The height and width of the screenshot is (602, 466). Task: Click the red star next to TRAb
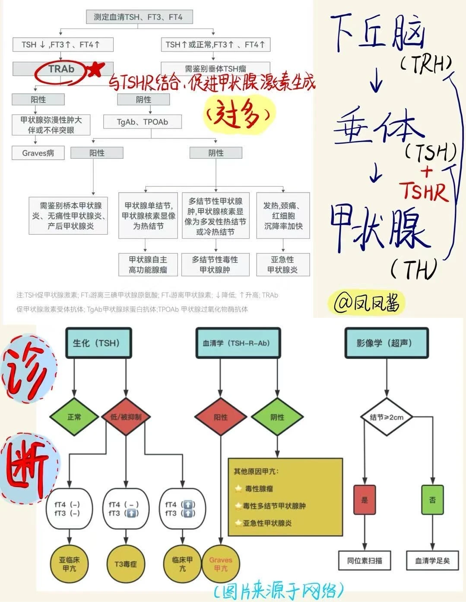96,69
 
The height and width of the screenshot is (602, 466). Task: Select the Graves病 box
38,153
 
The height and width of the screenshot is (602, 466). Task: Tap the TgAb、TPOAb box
143,122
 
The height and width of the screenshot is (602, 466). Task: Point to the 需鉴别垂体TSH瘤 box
216,69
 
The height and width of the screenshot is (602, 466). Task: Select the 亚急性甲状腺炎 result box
282,265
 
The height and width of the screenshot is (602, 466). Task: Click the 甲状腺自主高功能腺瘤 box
148,265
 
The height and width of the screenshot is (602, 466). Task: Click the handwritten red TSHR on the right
424,191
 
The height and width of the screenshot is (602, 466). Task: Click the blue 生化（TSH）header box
98,343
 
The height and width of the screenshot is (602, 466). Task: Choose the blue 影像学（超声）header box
387,343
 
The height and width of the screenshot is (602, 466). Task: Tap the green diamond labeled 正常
74,417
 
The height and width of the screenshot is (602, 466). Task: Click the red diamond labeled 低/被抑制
127,417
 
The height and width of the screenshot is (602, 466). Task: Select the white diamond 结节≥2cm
387,417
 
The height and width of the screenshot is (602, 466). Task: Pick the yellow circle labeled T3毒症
126,564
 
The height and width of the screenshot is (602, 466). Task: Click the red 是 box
365,500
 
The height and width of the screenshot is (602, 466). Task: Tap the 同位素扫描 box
365,561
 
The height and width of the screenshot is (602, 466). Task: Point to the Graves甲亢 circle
221,564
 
